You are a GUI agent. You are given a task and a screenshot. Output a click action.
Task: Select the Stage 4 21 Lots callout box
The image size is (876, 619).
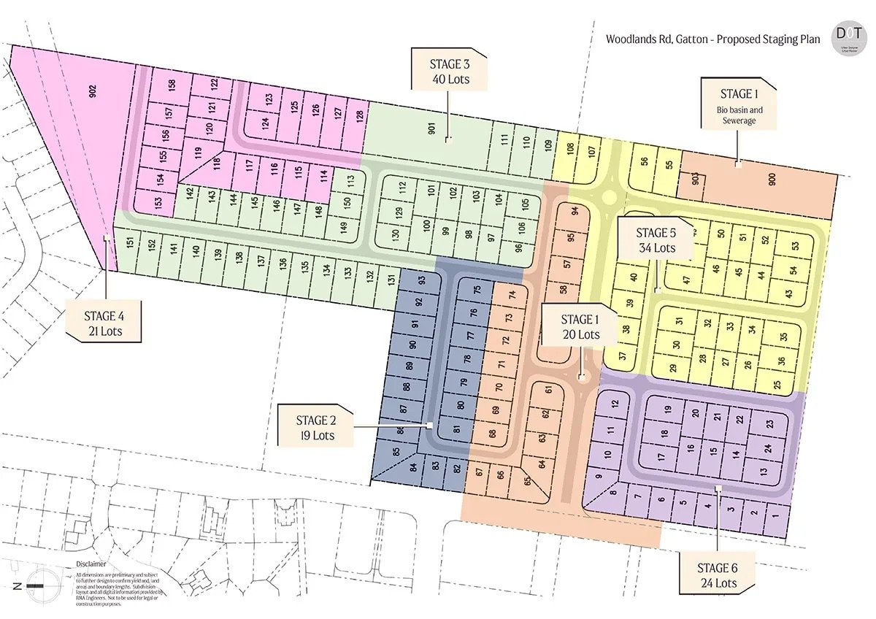coord(104,323)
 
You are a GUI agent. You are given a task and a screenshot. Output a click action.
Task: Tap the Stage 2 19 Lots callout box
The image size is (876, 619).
coord(316,427)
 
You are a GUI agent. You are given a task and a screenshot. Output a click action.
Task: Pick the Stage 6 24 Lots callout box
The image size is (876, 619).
coord(717,574)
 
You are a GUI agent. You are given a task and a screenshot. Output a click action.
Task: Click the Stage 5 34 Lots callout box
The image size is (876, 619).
coord(655,239)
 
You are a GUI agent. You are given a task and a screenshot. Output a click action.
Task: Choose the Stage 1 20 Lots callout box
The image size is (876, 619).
coord(580,326)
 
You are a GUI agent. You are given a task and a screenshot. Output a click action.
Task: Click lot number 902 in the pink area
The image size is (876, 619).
coord(93,93)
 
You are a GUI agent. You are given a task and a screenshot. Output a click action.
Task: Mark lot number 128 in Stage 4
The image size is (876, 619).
coord(358,115)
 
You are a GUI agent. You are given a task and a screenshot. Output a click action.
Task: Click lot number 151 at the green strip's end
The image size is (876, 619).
coord(128,243)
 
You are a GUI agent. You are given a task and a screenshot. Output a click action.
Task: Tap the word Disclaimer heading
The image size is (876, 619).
coord(91,564)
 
